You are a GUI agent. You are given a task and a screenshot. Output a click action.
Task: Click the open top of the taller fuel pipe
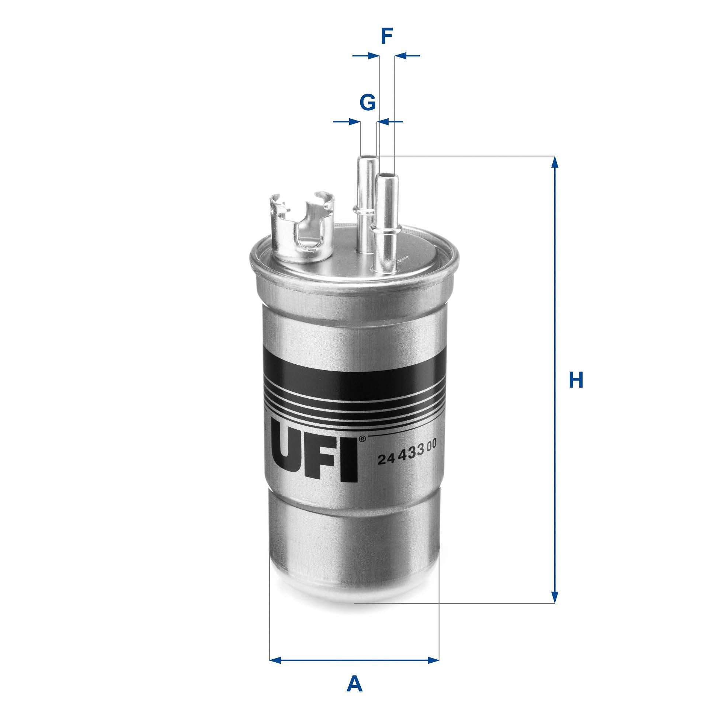pyautogui.click(x=367, y=158)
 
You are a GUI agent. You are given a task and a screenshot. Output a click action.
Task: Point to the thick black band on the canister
pyautogui.click(x=354, y=369)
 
